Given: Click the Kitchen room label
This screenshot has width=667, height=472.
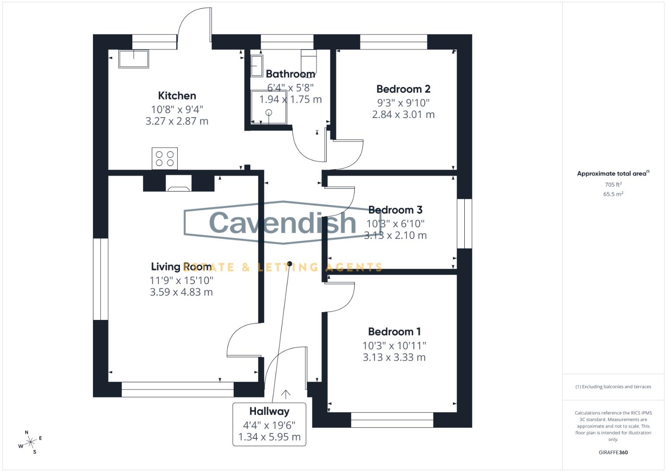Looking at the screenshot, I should [x=177, y=96].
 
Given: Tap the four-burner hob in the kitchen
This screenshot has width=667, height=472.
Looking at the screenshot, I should [x=165, y=158].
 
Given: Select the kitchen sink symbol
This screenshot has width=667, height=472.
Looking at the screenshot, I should [x=134, y=59].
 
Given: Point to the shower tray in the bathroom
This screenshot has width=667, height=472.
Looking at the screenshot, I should [x=269, y=108].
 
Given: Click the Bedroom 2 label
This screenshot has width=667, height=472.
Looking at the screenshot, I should [x=403, y=89].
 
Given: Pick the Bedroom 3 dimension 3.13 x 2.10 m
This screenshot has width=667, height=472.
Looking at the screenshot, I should [x=395, y=236].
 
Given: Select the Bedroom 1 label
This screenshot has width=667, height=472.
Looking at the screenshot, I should [x=394, y=332].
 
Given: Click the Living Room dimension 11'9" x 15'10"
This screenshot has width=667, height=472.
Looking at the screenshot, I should [x=181, y=280].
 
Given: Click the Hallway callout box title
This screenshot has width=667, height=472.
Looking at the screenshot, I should [x=269, y=411].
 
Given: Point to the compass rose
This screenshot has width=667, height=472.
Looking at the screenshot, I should [x=31, y=442].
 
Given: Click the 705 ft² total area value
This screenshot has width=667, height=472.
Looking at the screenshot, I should [x=613, y=185].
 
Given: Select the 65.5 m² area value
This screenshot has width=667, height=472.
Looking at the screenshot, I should [x=613, y=194].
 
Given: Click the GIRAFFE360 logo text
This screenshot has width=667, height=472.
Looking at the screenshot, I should [x=613, y=452].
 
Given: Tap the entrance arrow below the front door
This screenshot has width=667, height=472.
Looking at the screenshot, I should [x=286, y=394].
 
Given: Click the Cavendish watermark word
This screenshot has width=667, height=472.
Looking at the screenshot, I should [x=283, y=222].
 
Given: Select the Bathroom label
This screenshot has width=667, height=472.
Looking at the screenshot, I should [x=290, y=74].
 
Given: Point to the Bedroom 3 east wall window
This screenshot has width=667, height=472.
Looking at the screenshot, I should [x=464, y=224].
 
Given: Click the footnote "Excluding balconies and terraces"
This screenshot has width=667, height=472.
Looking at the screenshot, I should [x=613, y=387].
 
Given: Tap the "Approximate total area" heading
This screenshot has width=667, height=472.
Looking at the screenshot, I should [x=612, y=174].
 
